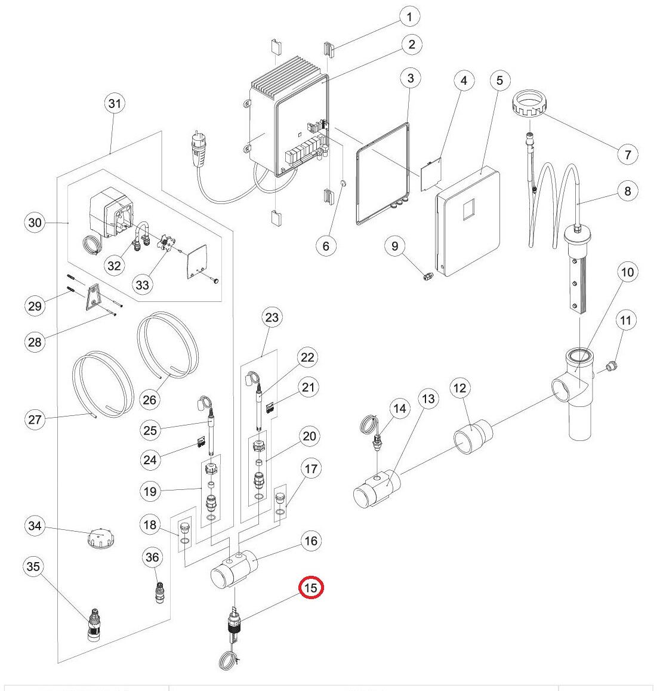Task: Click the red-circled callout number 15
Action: click(x=311, y=587)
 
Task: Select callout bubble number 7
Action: click(x=628, y=154)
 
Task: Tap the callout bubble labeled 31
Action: click(x=115, y=104)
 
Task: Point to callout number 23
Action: click(x=272, y=317)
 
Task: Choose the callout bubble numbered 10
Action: click(x=628, y=272)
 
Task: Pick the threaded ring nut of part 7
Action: click(x=530, y=103)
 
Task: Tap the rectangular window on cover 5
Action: click(x=468, y=209)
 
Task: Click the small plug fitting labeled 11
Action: click(x=610, y=366)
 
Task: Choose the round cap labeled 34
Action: click(x=102, y=538)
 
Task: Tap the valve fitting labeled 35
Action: click(x=94, y=624)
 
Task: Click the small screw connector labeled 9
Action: click(x=428, y=277)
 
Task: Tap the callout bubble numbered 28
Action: click(x=35, y=342)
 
